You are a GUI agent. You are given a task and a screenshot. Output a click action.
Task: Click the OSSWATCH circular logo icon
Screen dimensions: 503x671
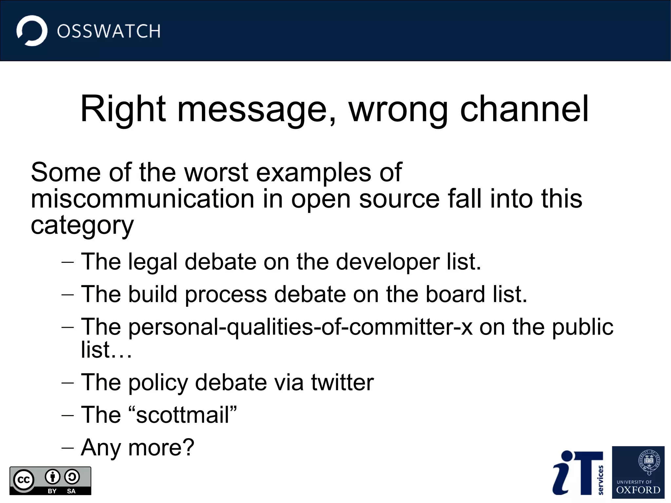click(32, 31)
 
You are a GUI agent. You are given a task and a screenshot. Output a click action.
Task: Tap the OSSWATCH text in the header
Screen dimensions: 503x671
click(108, 31)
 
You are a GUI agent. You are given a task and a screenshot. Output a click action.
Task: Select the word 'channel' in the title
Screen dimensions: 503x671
click(524, 109)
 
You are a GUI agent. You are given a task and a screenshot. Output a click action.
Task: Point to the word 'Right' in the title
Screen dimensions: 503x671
click(123, 109)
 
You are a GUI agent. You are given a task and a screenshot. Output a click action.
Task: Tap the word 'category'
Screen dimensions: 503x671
click(82, 226)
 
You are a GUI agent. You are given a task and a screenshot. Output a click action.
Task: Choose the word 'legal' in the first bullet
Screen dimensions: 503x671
click(153, 262)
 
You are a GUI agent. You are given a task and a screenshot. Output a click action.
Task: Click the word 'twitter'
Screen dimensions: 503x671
click(342, 382)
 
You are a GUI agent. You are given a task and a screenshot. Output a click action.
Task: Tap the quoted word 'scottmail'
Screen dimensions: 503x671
click(182, 415)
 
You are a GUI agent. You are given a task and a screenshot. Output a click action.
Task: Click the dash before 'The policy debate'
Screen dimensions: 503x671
click(67, 383)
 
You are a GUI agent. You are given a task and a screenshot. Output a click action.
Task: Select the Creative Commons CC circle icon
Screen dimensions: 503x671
click(24, 480)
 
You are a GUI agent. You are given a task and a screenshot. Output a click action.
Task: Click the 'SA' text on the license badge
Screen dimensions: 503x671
click(71, 491)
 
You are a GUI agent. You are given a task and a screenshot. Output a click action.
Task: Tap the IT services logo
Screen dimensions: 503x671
click(578, 473)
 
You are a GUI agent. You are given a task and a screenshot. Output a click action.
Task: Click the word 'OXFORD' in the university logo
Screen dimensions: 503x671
click(638, 490)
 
